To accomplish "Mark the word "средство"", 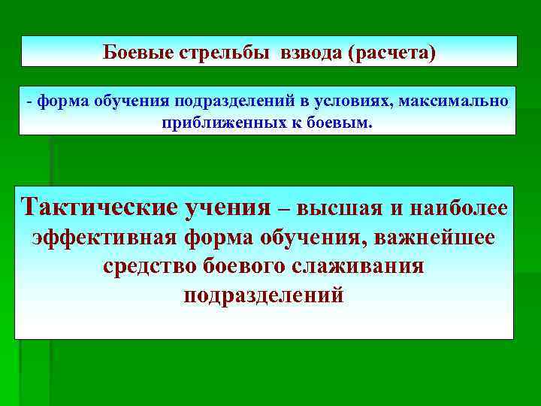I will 148,266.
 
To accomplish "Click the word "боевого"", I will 249,266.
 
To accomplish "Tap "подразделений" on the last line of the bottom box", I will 264,295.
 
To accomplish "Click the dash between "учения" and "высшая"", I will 287,208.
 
